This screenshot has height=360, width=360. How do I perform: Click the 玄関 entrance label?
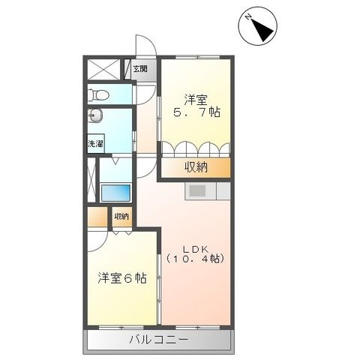coord(140,69)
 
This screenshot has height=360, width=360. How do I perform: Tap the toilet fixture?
coord(99,94)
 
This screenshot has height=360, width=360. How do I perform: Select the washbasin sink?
coord(95,115)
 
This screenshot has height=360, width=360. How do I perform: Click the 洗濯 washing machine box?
coord(95,143)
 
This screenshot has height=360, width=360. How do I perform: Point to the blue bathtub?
coord(115,193)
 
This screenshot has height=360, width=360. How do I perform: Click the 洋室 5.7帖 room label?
coord(196,106)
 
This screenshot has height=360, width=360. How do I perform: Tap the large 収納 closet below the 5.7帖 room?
coord(196,167)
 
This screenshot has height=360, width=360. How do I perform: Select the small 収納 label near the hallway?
coord(121,217)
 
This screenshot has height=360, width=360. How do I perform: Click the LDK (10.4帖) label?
coord(196,253)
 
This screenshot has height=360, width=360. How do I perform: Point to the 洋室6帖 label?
coord(122,277)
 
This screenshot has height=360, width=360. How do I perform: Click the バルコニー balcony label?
coord(158,340)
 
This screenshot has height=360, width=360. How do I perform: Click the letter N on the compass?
coord(248,17)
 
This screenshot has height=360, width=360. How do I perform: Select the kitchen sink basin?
coord(197,191)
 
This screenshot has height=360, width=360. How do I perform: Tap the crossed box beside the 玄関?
coord(104,69)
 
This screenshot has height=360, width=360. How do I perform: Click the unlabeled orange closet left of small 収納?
coord(97,217)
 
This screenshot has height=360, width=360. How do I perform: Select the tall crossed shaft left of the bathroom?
coord(91,179)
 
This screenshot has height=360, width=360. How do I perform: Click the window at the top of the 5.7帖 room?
coord(197,58)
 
